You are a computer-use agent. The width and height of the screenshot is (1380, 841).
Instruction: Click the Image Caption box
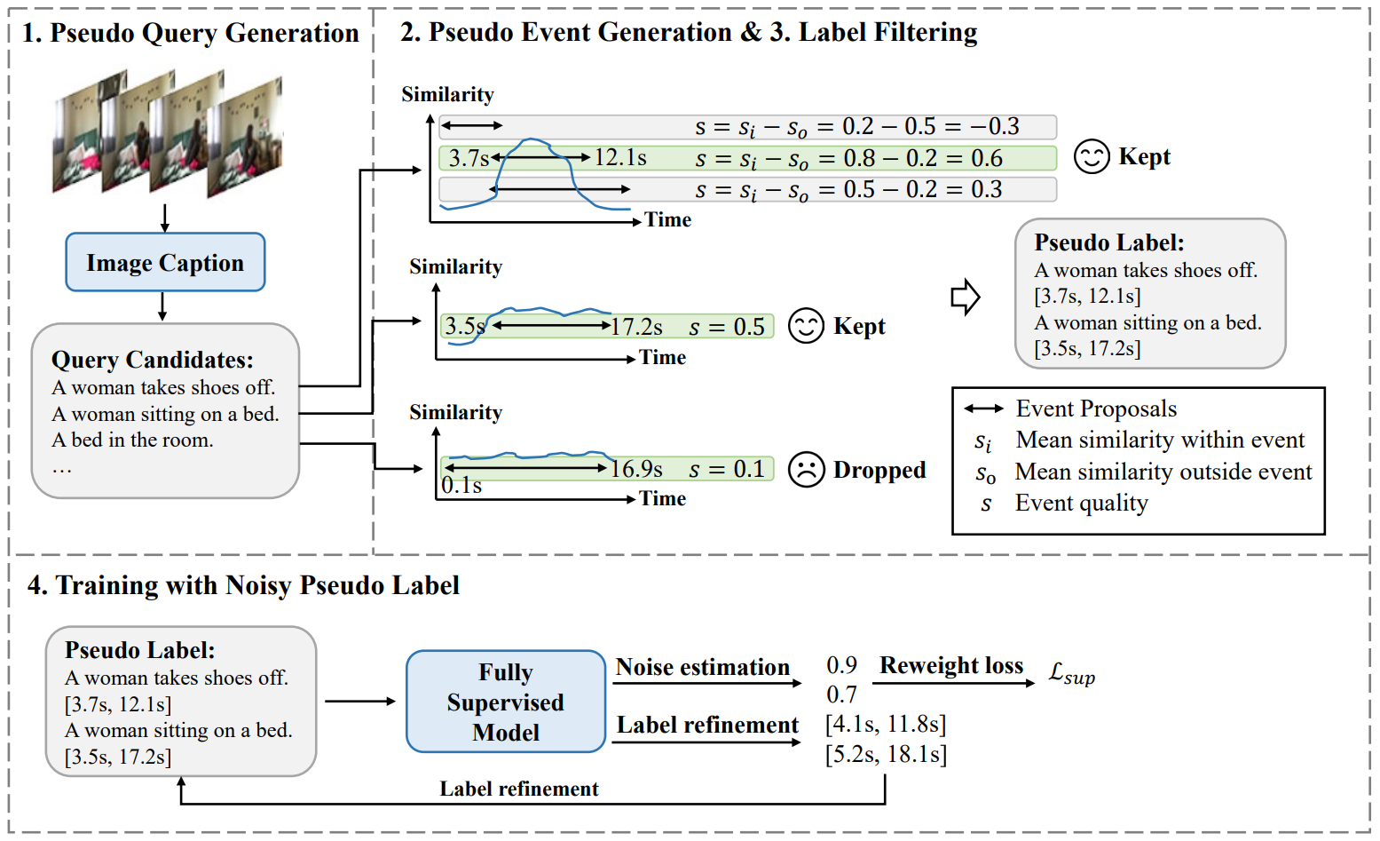[x=165, y=262]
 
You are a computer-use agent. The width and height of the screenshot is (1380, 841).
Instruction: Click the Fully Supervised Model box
[x=506, y=702]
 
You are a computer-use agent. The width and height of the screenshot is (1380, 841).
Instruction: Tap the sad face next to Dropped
[x=806, y=470]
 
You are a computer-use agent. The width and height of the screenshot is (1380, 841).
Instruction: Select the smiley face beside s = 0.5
[x=806, y=326]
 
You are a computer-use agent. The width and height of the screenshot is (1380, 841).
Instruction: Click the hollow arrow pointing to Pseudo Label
[x=965, y=297]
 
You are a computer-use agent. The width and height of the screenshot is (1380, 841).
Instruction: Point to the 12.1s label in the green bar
[x=620, y=158]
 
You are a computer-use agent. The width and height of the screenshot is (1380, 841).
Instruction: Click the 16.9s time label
[x=636, y=469]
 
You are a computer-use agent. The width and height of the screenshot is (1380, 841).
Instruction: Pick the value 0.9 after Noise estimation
[x=841, y=665]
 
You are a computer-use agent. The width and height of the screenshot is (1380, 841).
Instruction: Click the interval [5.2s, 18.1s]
[x=886, y=754]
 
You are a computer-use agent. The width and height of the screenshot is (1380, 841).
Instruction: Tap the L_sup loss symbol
[x=1072, y=673]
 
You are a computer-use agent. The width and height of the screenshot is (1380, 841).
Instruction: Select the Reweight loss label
[x=951, y=665]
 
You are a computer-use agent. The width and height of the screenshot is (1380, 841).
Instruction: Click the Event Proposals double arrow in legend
[x=983, y=409]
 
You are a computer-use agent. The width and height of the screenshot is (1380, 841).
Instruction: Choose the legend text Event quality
[x=1081, y=503]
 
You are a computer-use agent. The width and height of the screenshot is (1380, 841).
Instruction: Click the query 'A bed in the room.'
[x=132, y=440]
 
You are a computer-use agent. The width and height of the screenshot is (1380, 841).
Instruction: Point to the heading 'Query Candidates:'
[x=153, y=360]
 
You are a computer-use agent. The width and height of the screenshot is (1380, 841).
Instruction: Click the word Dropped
[x=879, y=470]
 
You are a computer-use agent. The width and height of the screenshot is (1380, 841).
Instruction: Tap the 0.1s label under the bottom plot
[x=461, y=486]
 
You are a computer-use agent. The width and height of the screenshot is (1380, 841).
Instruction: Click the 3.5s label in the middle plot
[x=464, y=326]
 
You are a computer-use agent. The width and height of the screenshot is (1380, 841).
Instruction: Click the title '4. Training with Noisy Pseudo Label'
[x=243, y=585]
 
